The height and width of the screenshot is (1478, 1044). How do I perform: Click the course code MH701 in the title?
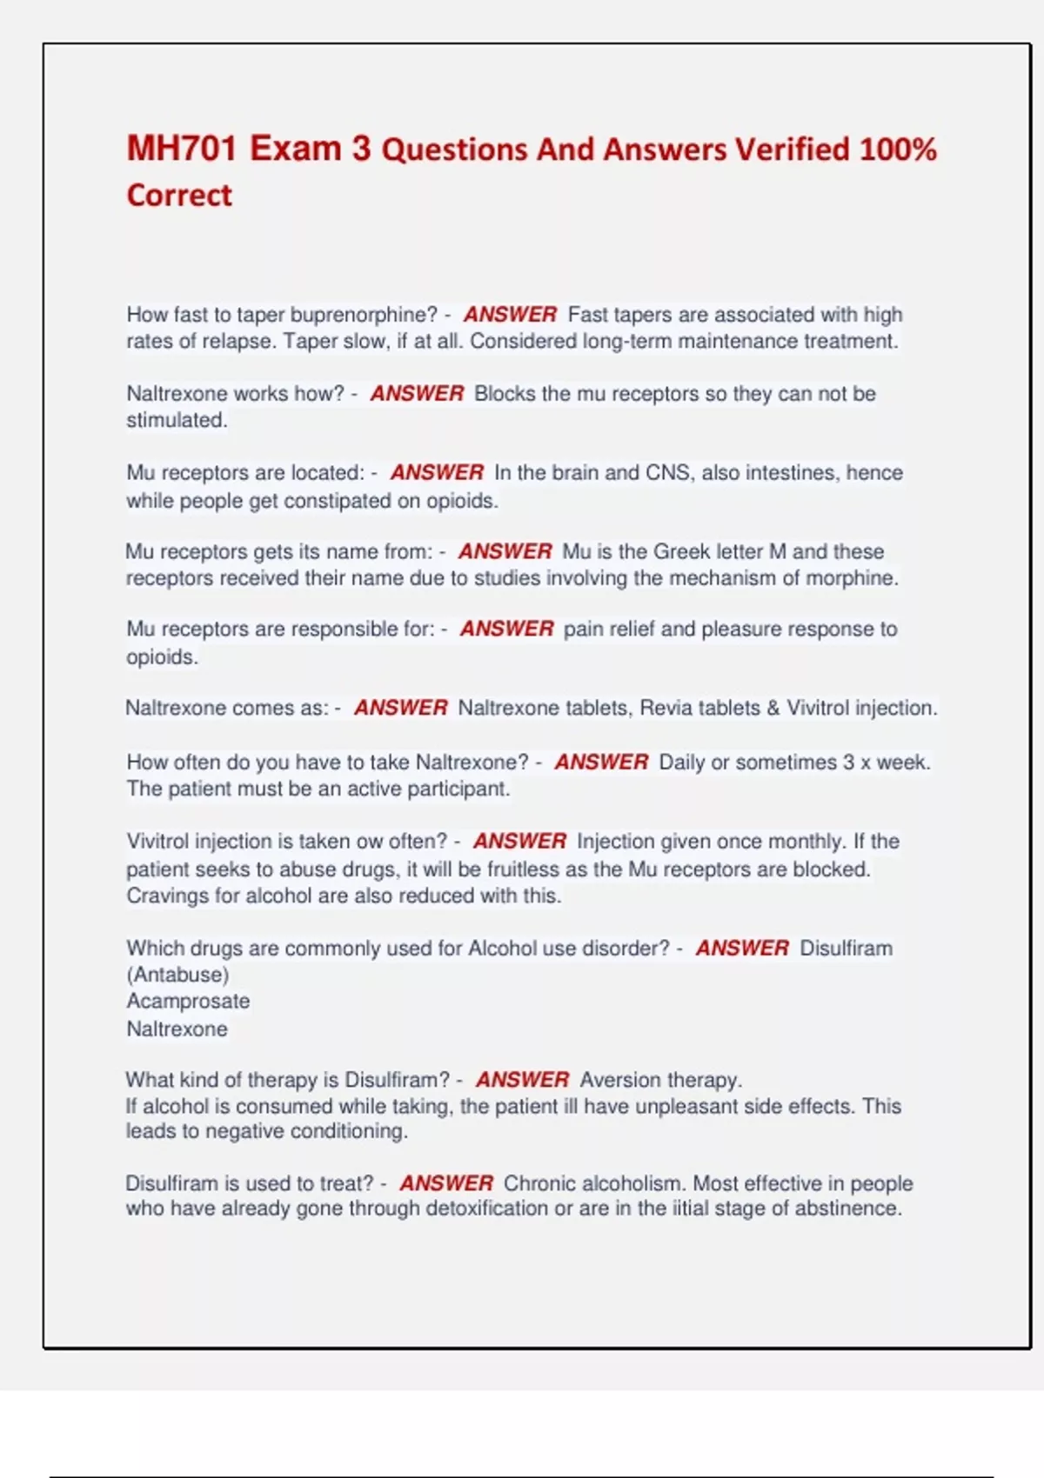point(182,149)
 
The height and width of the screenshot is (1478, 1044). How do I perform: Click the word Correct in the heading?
point(179,196)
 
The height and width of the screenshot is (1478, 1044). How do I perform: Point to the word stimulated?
point(176,420)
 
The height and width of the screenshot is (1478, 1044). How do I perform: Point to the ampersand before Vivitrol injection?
point(773,709)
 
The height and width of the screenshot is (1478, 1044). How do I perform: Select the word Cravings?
point(167,896)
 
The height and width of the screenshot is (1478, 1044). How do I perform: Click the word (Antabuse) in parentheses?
point(177,975)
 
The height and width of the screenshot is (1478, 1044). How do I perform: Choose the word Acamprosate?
point(188,1002)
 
